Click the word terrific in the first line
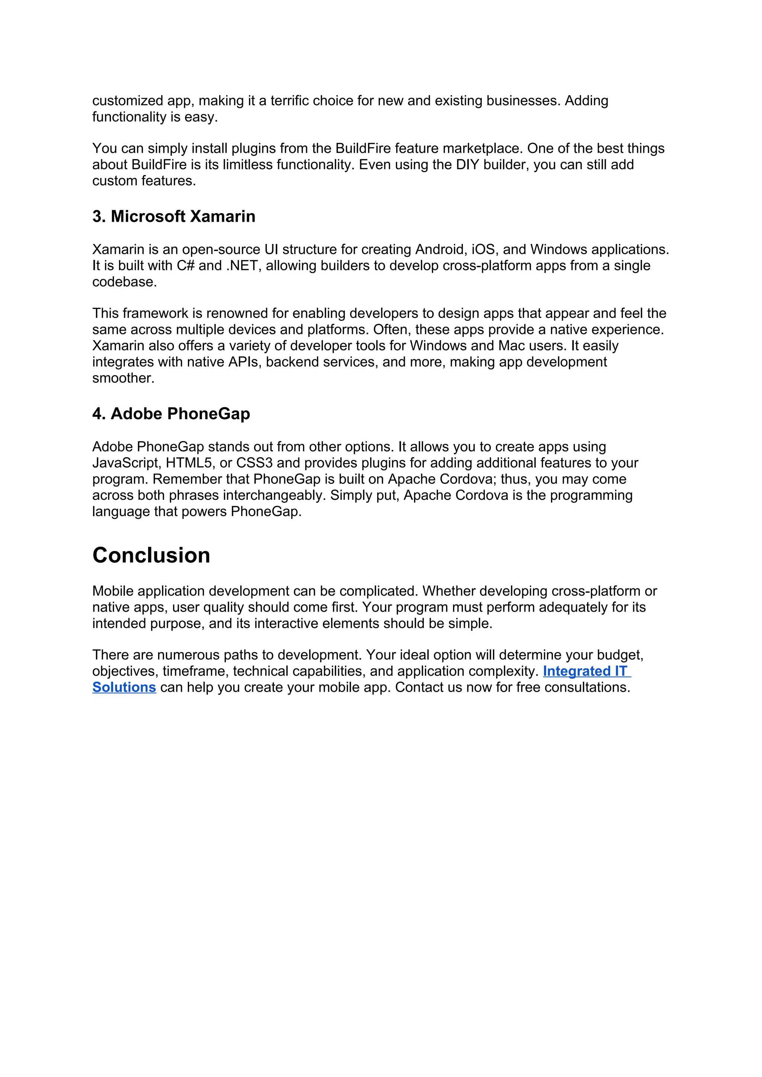[x=289, y=101]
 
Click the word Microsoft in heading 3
[x=148, y=217]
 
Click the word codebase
[x=124, y=282]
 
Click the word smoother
[x=123, y=378]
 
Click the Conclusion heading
[x=151, y=555]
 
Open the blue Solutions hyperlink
[x=124, y=688]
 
